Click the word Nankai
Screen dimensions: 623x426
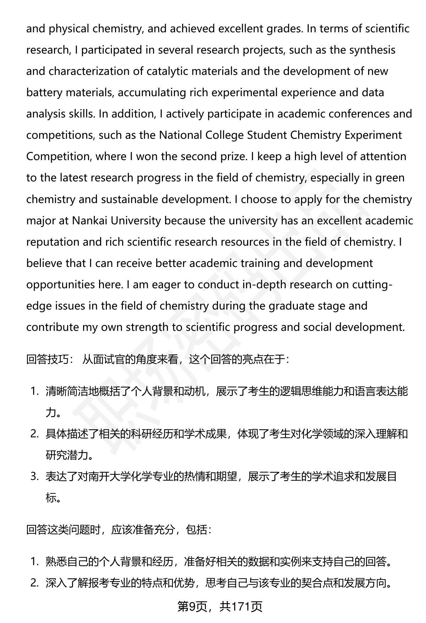(x=90, y=220)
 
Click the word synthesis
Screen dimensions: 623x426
(x=372, y=50)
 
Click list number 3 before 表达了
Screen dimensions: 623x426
(x=34, y=477)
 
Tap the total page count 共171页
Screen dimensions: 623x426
(x=241, y=606)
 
